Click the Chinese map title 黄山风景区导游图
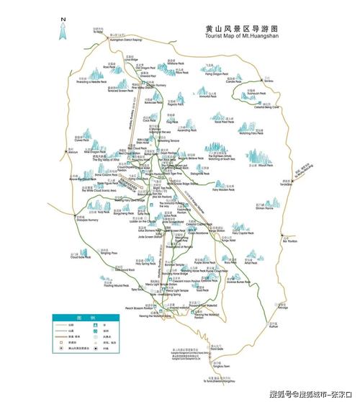click(241, 28)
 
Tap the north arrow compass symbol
click(63, 29)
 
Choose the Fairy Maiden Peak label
click(225, 189)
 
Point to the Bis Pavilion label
click(290, 241)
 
